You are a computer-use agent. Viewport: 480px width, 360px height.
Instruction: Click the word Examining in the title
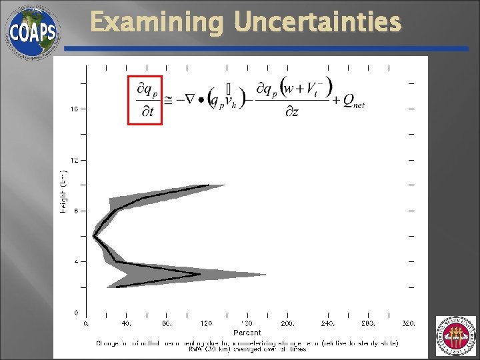pyautogui.click(x=157, y=23)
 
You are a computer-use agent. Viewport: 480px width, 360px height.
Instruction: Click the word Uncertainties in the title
pyautogui.click(x=318, y=23)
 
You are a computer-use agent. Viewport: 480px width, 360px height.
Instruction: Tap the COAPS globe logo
pyautogui.click(x=32, y=32)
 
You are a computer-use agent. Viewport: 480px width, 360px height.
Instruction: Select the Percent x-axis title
pyautogui.click(x=247, y=332)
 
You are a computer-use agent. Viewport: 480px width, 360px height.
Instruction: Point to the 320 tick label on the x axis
pyautogui.click(x=408, y=323)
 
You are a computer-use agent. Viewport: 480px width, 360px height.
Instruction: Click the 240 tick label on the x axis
pyautogui.click(x=327, y=323)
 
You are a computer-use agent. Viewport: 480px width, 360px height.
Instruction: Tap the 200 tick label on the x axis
pyautogui.click(x=287, y=323)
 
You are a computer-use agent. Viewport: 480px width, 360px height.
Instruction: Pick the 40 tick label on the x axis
pyautogui.click(x=126, y=323)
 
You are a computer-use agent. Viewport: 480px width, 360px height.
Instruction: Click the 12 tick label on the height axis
pyautogui.click(x=75, y=160)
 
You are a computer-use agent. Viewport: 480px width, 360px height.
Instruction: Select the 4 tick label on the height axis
pyautogui.click(x=76, y=261)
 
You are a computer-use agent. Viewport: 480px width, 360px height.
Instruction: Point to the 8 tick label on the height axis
pyautogui.click(x=76, y=211)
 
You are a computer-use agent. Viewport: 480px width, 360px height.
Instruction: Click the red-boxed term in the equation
pyautogui.click(x=145, y=99)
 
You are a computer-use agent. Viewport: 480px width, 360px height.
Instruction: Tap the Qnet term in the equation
pyautogui.click(x=353, y=101)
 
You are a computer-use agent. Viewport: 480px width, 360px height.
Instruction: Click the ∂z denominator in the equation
pyautogui.click(x=291, y=111)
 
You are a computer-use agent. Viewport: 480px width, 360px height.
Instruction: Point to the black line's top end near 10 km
pyautogui.click(x=209, y=185)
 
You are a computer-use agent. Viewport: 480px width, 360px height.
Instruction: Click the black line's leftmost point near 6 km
pyautogui.click(x=94, y=236)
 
